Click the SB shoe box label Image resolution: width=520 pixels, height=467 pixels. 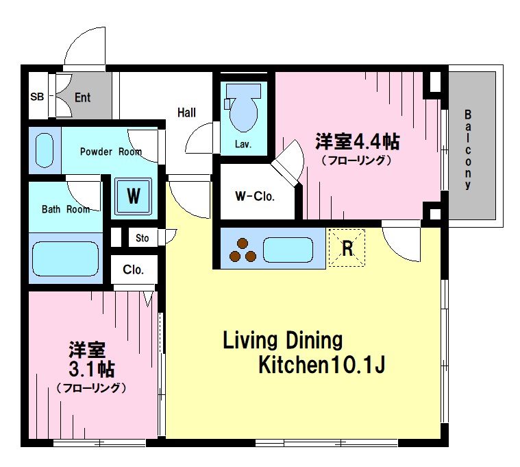click(x=37, y=97)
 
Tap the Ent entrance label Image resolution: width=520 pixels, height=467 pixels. click(x=83, y=97)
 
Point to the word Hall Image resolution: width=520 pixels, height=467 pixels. click(x=186, y=112)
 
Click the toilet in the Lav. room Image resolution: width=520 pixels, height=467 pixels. click(x=243, y=107)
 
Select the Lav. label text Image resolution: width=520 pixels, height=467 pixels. click(x=243, y=145)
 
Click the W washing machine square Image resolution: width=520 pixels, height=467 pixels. click(x=134, y=196)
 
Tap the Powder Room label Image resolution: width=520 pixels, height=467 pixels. click(x=111, y=152)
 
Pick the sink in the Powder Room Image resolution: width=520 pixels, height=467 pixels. click(x=45, y=150)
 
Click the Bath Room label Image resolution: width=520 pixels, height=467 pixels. click(x=66, y=209)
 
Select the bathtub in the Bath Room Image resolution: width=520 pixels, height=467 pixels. click(x=65, y=259)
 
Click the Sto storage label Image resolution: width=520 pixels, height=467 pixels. click(x=143, y=238)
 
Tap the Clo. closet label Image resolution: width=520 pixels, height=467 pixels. click(x=133, y=270)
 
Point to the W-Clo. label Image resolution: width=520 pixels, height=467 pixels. click(x=255, y=197)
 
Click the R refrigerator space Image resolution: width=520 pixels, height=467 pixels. click(x=347, y=248)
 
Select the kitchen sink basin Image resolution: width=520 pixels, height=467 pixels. click(x=288, y=250)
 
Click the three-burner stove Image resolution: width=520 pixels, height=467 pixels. click(x=243, y=250)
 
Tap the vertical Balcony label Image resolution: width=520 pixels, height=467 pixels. click(x=468, y=149)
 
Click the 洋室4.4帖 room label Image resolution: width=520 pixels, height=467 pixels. click(x=358, y=142)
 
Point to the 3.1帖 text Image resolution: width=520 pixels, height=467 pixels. click(x=92, y=369)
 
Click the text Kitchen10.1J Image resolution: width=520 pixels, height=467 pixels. click(x=322, y=365)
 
